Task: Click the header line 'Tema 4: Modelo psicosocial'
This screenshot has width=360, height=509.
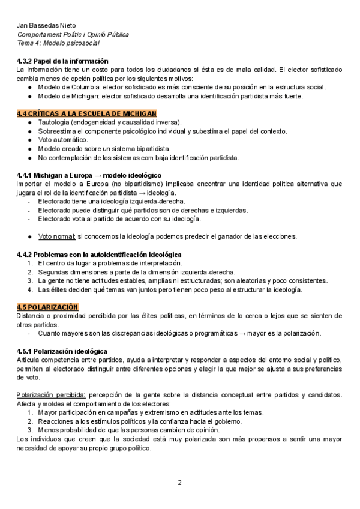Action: pyautogui.click(x=58, y=43)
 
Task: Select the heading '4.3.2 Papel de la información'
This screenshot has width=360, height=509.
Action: pyautogui.click(x=62, y=61)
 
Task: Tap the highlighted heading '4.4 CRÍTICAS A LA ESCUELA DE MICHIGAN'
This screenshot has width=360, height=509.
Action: pyautogui.click(x=86, y=113)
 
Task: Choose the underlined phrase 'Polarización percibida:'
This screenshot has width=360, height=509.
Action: pyautogui.click(x=51, y=394)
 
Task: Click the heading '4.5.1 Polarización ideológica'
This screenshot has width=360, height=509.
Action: pyautogui.click(x=62, y=351)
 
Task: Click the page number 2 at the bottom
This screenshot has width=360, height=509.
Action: pyautogui.click(x=179, y=482)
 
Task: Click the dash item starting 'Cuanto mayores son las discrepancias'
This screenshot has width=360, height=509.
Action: pyautogui.click(x=179, y=333)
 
